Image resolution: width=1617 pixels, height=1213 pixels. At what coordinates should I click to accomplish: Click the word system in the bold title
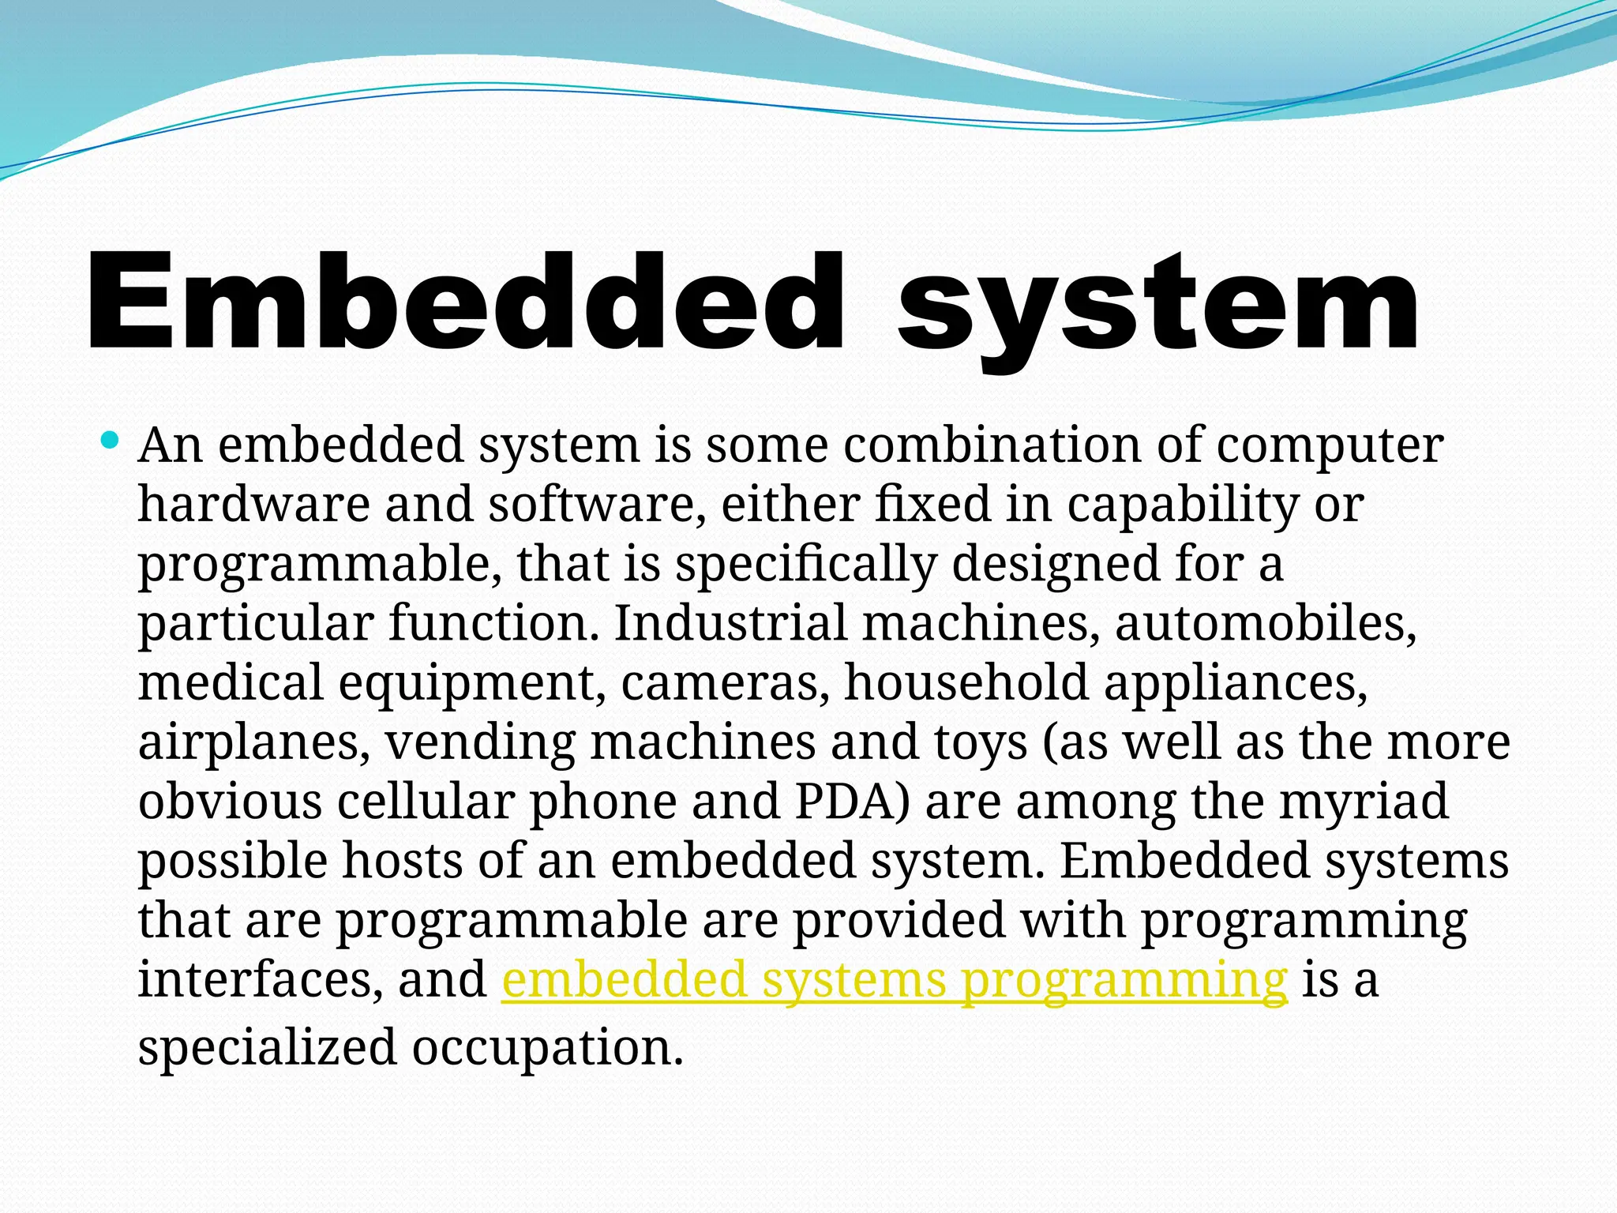(x=1157, y=308)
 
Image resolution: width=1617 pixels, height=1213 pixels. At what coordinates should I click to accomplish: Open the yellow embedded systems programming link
(x=894, y=980)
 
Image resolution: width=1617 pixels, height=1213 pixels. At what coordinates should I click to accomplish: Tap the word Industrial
(x=730, y=623)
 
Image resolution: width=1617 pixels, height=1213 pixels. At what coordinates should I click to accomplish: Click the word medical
(x=231, y=682)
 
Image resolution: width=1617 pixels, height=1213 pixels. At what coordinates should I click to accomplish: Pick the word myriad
(x=1364, y=802)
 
